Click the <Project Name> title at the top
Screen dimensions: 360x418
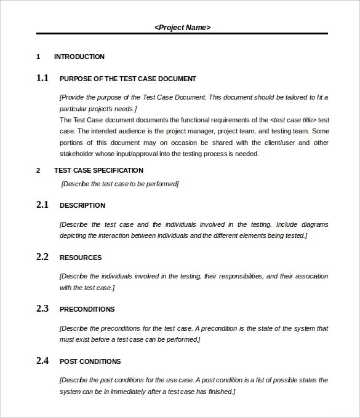click(182, 27)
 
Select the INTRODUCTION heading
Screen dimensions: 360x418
click(79, 57)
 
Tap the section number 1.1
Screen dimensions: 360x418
click(42, 78)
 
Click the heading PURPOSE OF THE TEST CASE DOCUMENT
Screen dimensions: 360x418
click(127, 79)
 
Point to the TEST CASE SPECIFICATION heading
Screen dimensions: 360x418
click(98, 170)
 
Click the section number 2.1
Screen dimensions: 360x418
click(42, 205)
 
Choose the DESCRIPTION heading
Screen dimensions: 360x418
click(82, 205)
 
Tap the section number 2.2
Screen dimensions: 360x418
click(42, 257)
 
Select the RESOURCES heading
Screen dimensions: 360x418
click(81, 258)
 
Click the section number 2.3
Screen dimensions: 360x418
click(42, 309)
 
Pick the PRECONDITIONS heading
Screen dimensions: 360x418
click(87, 309)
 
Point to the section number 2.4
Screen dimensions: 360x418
click(42, 361)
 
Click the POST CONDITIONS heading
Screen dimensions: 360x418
click(90, 361)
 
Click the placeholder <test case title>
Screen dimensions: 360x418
click(293, 120)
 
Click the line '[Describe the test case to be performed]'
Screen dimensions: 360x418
click(120, 183)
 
